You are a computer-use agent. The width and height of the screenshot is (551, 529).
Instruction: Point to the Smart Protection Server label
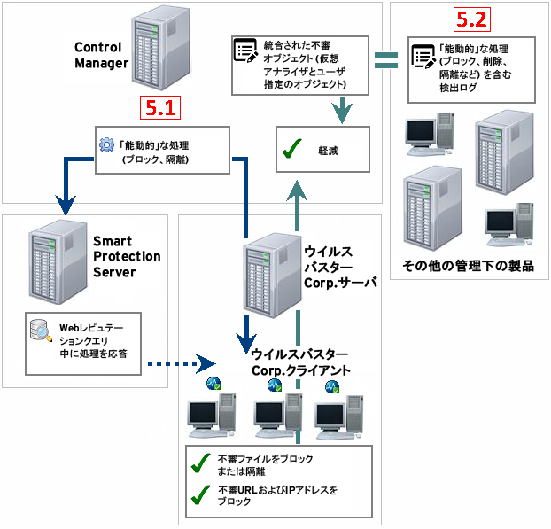[x=127, y=256]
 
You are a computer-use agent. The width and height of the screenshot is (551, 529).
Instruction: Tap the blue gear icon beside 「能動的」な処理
[x=106, y=144]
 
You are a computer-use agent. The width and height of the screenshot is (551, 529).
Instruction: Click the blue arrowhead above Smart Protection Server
[x=65, y=205]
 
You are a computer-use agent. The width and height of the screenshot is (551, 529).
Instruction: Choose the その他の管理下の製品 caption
[x=468, y=266]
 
